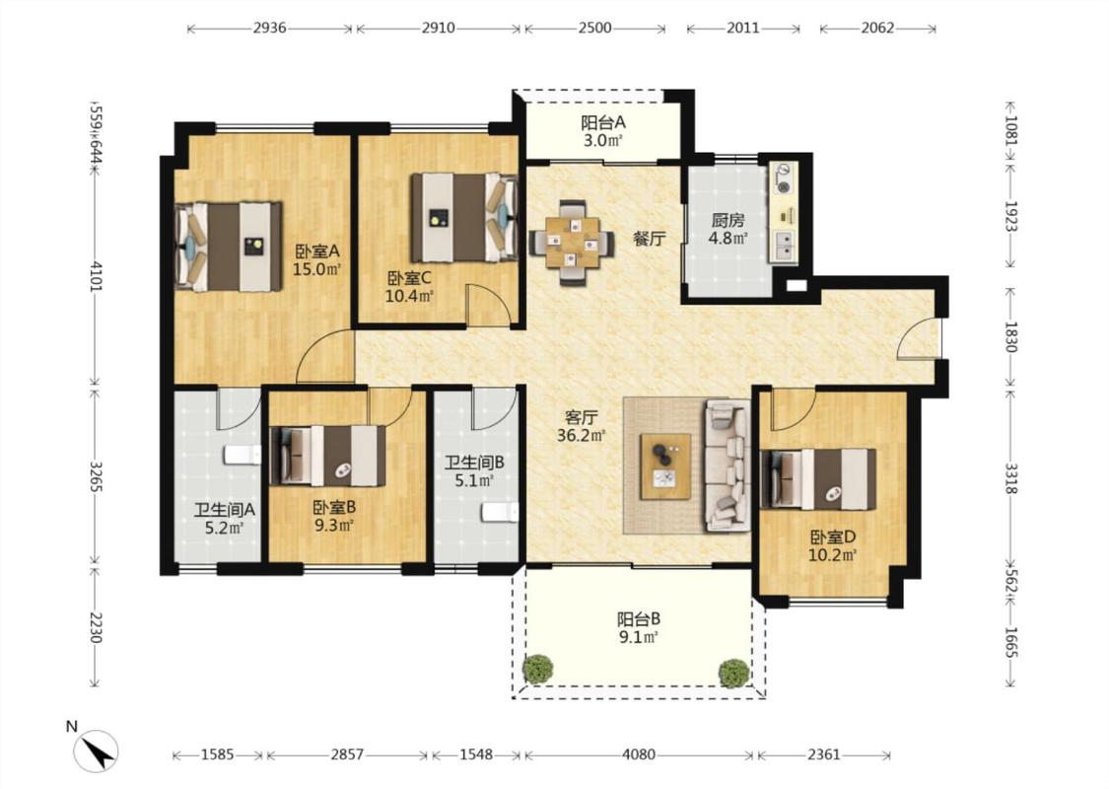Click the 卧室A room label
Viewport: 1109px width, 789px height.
[317, 251]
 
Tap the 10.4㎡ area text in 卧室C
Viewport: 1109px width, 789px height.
[409, 296]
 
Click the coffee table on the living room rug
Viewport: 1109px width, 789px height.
[665, 467]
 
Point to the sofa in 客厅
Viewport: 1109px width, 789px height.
[728, 466]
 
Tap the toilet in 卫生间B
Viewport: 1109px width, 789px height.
[500, 512]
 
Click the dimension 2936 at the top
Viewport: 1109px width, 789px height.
[269, 29]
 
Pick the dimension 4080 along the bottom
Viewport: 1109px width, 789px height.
[639, 755]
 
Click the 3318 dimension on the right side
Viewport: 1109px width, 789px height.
[1011, 479]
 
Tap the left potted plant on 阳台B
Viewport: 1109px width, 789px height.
[538, 670]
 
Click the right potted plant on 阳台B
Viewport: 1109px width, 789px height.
[734, 673]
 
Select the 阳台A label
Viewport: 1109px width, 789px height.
[603, 122]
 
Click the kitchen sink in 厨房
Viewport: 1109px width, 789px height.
[785, 245]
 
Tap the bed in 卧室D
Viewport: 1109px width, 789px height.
[818, 479]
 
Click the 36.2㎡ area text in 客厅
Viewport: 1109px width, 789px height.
[581, 435]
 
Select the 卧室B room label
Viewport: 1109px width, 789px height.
[334, 507]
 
